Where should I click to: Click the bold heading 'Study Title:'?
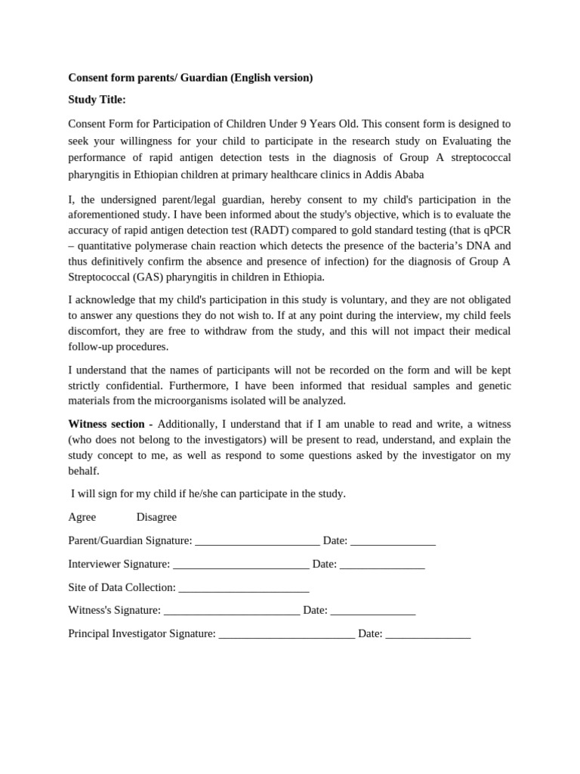click(x=97, y=100)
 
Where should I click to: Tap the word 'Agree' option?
click(x=82, y=517)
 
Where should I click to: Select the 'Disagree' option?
click(x=156, y=517)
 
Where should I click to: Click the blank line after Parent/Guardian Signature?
click(x=257, y=541)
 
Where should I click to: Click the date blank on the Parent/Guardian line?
click(x=393, y=541)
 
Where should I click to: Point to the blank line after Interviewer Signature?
click(x=241, y=565)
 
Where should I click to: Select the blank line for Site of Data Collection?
click(x=244, y=588)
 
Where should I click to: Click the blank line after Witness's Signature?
click(x=232, y=611)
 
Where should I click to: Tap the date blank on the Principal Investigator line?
click(x=427, y=634)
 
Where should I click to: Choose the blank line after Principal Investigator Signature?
click(x=286, y=634)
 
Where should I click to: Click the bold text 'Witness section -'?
click(x=110, y=424)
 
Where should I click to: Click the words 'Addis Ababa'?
click(x=396, y=175)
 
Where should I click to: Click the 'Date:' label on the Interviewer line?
click(x=324, y=565)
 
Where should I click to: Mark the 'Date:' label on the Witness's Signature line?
click(x=315, y=611)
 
